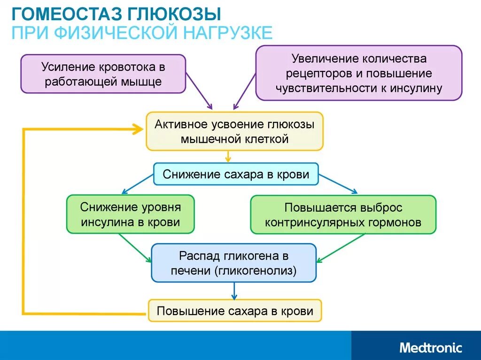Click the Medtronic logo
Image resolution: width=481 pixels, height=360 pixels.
coord(430,348)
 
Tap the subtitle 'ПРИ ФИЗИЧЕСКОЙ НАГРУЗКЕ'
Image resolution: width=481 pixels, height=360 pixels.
coord(141,33)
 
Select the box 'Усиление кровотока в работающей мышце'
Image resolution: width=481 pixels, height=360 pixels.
coord(103,74)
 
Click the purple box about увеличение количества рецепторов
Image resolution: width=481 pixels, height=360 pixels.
coord(359,73)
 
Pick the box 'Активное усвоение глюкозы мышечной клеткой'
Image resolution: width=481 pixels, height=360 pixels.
coord(234,131)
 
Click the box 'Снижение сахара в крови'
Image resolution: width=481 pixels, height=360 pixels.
coord(236,175)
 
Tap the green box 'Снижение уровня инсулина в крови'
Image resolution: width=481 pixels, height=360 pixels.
coord(130,214)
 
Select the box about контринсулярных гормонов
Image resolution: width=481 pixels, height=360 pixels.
coord(343,214)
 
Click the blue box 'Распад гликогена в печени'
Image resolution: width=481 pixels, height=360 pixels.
coord(233,263)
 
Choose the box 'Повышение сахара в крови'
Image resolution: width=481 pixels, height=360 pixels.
coord(235,311)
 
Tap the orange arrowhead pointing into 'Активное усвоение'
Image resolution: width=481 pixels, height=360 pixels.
coord(138,130)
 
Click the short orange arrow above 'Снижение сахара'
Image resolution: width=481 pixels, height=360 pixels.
coord(228,157)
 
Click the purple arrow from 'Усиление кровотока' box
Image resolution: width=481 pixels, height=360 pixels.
coord(199,99)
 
